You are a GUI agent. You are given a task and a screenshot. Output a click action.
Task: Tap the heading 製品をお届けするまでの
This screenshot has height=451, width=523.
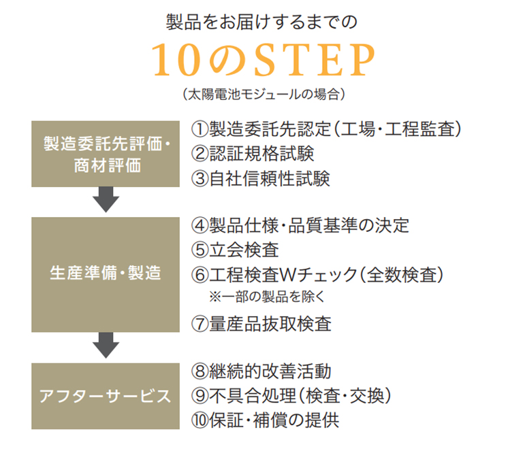[261, 21]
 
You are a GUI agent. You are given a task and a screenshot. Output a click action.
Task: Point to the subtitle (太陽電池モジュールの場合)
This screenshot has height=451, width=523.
[261, 95]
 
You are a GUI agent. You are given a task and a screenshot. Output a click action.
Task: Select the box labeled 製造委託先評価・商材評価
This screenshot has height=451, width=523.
[106, 154]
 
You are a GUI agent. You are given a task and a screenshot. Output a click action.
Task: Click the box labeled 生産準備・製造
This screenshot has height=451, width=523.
[106, 274]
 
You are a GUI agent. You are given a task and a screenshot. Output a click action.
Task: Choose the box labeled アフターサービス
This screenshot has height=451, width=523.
[106, 396]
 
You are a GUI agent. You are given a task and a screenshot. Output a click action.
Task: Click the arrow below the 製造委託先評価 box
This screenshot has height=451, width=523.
[106, 201]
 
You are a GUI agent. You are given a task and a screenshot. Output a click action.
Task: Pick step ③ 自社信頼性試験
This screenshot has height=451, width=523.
[261, 179]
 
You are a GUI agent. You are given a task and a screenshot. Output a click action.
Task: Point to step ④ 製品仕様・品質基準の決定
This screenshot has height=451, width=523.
[300, 225]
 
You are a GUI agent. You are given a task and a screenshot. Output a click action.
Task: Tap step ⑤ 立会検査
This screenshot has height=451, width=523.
[236, 250]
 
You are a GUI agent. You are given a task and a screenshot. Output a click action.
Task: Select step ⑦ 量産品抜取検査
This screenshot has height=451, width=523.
[261, 324]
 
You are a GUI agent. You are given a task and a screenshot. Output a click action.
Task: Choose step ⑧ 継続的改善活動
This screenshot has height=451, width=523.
[261, 371]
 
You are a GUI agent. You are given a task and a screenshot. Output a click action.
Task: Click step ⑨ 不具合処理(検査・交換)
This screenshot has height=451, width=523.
[293, 396]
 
